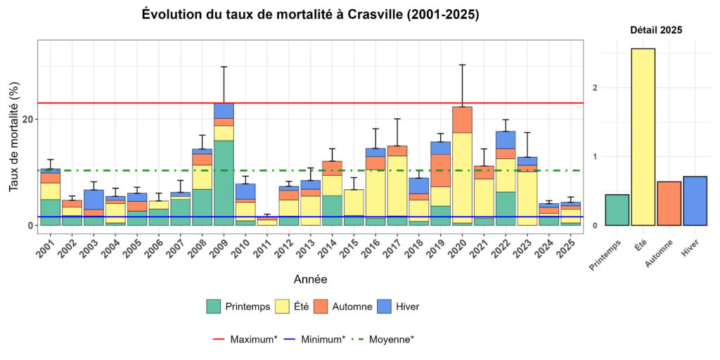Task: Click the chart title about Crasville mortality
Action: click(x=310, y=15)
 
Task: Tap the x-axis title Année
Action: click(x=310, y=279)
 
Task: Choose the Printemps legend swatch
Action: click(x=214, y=307)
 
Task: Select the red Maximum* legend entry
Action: click(x=244, y=339)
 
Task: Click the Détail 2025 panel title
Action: click(x=655, y=30)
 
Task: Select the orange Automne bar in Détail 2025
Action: click(x=669, y=203)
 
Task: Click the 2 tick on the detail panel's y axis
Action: click(x=595, y=88)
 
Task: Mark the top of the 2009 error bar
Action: click(x=224, y=67)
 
